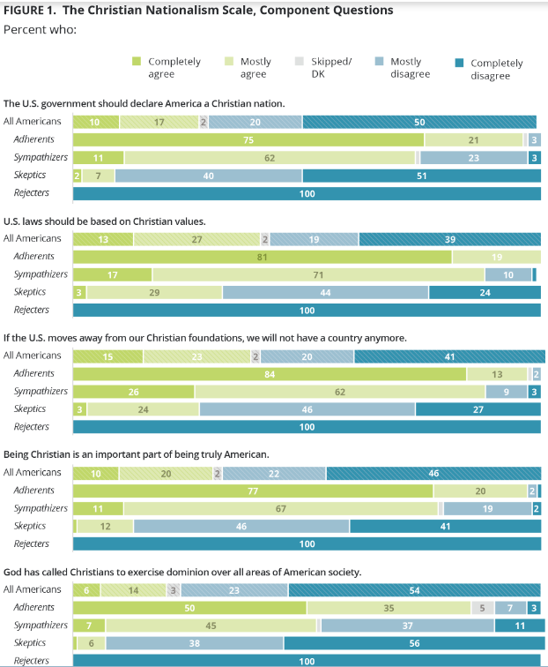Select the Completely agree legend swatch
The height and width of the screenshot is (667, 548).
coord(137,62)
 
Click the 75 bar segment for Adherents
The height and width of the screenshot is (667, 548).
coord(248,139)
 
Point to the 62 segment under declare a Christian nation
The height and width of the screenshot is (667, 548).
coord(270,157)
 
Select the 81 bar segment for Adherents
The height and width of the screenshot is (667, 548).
coord(263,257)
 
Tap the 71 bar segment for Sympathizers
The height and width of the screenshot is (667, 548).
coord(319,274)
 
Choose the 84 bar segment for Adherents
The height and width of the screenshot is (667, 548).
coord(270,373)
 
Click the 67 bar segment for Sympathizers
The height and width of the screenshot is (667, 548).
coord(280,508)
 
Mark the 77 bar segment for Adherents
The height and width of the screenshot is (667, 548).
coord(253,491)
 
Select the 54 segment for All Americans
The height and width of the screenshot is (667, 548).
coord(414,589)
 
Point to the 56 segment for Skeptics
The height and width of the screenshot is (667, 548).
coord(412,643)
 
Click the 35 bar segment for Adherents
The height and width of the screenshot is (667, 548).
coord(389,607)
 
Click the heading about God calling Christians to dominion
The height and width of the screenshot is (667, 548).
coord(182,572)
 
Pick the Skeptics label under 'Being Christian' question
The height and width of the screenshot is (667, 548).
coord(32,526)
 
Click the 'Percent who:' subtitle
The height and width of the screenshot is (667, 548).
coord(40,29)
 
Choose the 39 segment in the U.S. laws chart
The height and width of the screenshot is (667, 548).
coord(450,238)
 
